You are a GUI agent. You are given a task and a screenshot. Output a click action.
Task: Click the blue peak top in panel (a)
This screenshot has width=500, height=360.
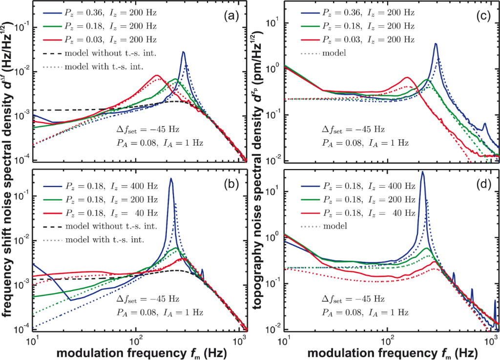tap(184, 52)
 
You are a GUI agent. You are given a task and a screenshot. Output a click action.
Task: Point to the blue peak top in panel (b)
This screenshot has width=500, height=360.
tap(171, 179)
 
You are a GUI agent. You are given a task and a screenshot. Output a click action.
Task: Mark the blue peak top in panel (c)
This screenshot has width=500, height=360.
tap(436, 43)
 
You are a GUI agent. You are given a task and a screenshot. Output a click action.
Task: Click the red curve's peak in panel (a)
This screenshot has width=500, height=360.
tap(157, 75)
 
